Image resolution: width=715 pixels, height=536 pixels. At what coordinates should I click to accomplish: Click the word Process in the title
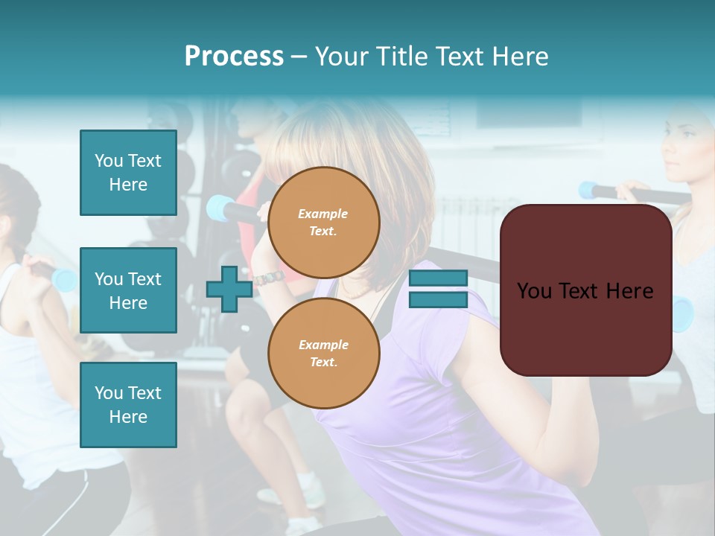click(234, 57)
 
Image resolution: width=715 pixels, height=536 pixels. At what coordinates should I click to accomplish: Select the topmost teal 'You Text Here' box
click(128, 173)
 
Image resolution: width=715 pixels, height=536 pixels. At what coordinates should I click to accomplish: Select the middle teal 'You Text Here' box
click(128, 290)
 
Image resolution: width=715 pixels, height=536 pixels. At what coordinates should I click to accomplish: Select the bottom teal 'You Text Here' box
click(128, 404)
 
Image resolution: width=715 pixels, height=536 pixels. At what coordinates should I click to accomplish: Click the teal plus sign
click(229, 290)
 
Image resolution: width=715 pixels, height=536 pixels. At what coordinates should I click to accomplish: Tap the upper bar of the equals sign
click(438, 278)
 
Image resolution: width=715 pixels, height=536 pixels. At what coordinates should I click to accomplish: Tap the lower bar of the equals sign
click(438, 299)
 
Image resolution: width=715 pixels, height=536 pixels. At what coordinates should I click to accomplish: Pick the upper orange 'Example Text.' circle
click(323, 223)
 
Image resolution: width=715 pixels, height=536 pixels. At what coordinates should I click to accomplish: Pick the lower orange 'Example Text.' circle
click(323, 354)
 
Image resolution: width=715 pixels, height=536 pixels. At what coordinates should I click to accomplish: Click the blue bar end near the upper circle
click(219, 208)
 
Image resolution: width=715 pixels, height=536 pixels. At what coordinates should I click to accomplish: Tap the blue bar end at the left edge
click(64, 280)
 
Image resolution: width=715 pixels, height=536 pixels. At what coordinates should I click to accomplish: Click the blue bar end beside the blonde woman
click(590, 191)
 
